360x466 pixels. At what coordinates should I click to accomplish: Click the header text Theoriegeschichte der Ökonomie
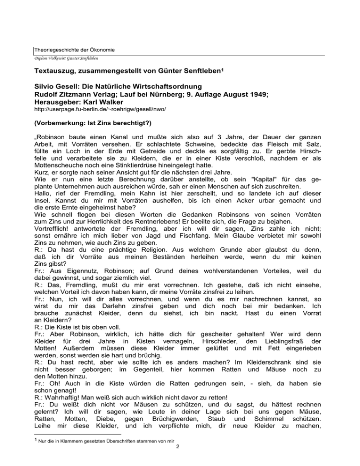coord(75,50)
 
